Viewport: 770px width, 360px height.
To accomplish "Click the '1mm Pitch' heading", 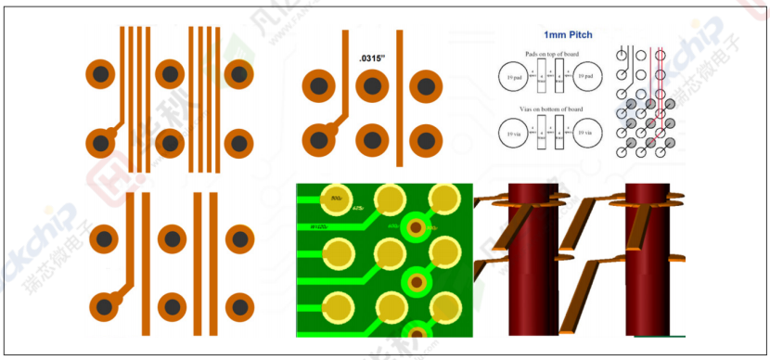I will (x=568, y=35).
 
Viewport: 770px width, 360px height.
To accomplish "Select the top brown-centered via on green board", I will (x=417, y=227).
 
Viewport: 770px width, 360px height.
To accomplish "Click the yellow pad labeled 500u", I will (x=335, y=198).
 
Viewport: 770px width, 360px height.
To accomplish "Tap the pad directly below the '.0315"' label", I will (x=372, y=87).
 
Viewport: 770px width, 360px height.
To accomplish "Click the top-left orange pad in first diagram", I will (x=100, y=74).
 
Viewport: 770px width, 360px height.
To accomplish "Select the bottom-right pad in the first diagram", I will (x=238, y=144).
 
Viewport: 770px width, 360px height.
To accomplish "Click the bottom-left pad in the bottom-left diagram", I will (x=104, y=305).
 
